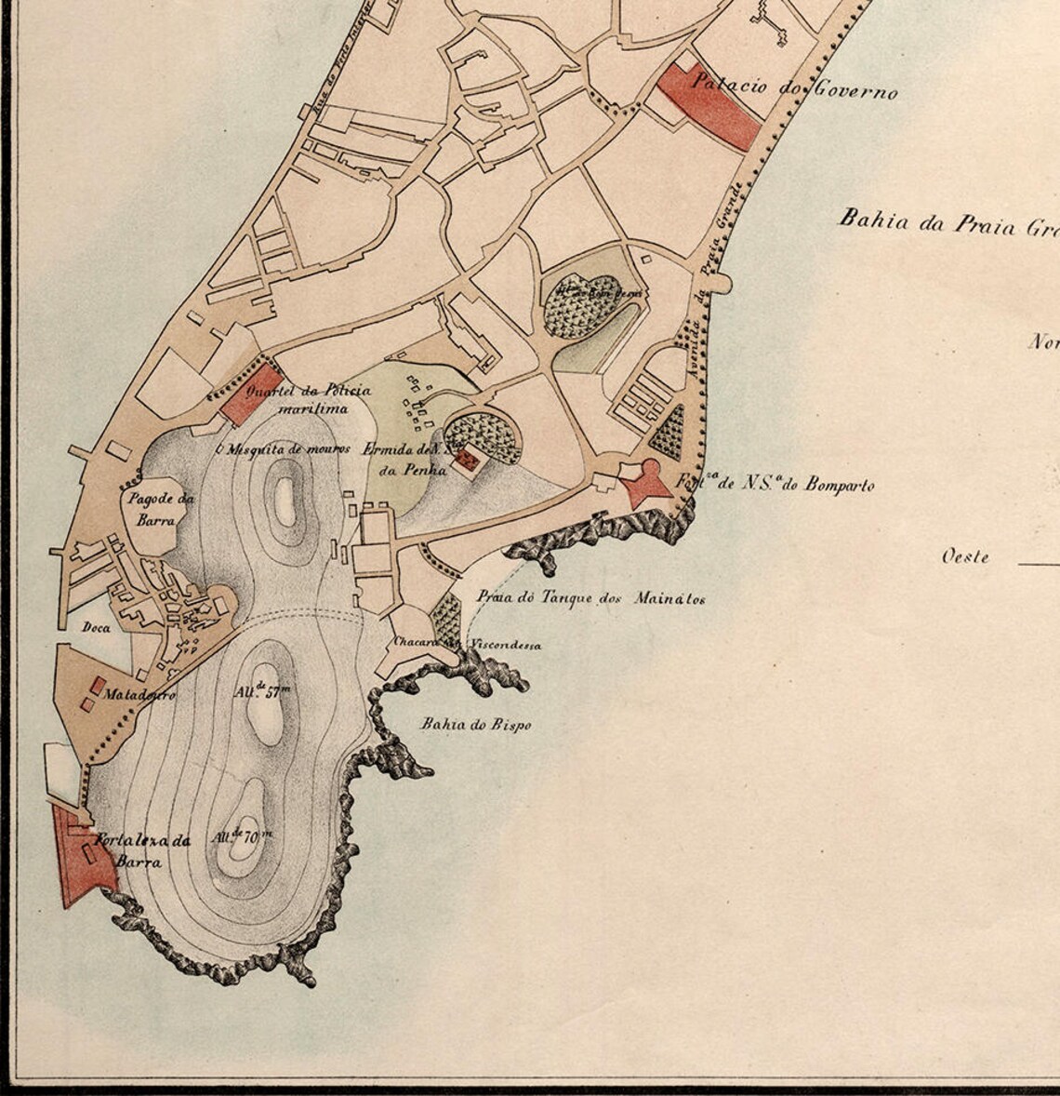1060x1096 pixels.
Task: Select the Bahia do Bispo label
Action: pyautogui.click(x=475, y=724)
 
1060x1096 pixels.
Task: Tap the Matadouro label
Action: pyautogui.click(x=139, y=694)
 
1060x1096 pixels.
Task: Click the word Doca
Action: pyautogui.click(x=96, y=628)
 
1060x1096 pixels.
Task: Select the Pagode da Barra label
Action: pyautogui.click(x=158, y=510)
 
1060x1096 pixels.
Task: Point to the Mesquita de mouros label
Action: pyautogui.click(x=283, y=448)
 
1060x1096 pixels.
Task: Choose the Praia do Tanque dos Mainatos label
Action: pyautogui.click(x=590, y=597)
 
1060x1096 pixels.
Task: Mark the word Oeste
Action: pyautogui.click(x=964, y=557)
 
